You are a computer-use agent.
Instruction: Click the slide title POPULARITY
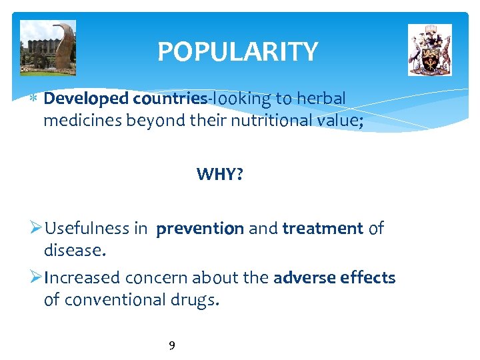[x=237, y=51]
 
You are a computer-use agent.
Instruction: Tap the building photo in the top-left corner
[x=48, y=48]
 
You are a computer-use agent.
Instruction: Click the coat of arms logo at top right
[x=429, y=50]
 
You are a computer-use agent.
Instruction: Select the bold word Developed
[x=86, y=99]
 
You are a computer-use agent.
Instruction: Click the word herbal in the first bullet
[x=321, y=99]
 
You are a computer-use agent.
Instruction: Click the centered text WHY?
[x=219, y=175]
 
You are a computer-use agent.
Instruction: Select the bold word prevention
[x=200, y=229]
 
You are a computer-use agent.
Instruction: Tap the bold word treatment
[x=323, y=229]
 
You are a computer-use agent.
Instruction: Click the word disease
[x=74, y=251]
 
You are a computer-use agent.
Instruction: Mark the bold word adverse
[x=304, y=277]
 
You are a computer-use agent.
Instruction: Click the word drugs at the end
[x=196, y=300]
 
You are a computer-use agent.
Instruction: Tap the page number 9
[x=172, y=345]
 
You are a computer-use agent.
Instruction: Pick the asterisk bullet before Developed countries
[x=34, y=99]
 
